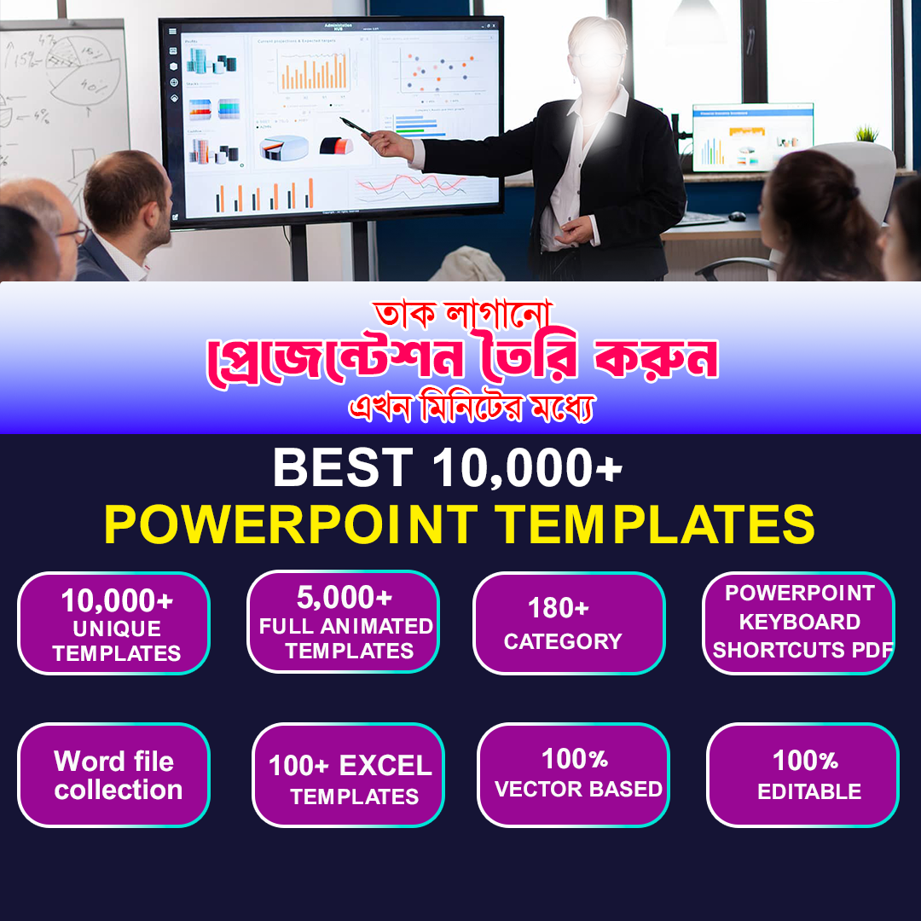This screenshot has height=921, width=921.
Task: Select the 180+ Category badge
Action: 569,623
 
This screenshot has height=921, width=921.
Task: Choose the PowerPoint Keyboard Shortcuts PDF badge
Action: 799,622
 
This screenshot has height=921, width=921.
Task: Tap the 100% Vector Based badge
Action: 573,775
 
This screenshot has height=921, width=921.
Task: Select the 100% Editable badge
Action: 803,775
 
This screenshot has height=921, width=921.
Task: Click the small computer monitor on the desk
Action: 751,136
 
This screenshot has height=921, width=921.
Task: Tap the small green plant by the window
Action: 866,133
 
